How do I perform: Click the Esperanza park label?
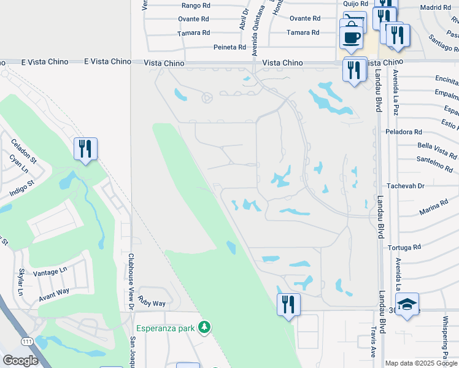[x=166, y=327]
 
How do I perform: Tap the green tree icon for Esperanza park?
[x=204, y=328]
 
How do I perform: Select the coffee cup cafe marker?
[x=352, y=36]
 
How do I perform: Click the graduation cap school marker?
[x=406, y=305]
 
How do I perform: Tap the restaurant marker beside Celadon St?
[x=85, y=148]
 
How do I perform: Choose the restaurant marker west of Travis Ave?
[x=287, y=304]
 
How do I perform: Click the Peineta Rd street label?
[x=229, y=47]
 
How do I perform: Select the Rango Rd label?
[x=196, y=5]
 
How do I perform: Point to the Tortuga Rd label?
[x=404, y=247]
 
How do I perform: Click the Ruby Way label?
[x=152, y=303]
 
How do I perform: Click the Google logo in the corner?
[x=20, y=361]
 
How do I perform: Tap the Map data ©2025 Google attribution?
[x=421, y=363]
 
